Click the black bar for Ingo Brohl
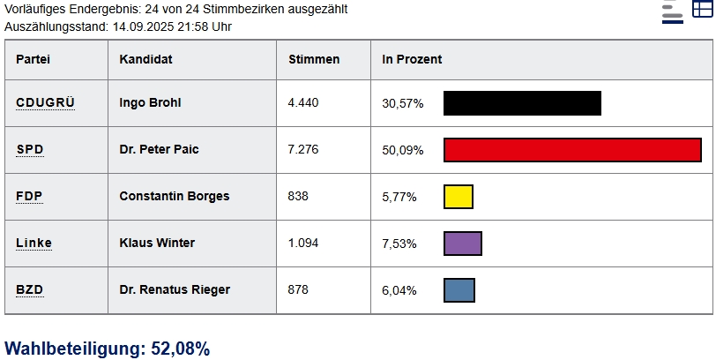click(522, 103)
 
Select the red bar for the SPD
click(572, 150)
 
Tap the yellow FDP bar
click(459, 197)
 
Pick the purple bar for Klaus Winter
click(462, 244)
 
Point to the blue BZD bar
click(459, 290)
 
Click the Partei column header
click(34, 59)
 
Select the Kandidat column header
click(145, 59)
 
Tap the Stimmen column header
click(314, 59)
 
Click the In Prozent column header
click(412, 59)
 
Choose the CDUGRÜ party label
click(45, 102)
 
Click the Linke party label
click(34, 243)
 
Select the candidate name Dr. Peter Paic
click(159, 149)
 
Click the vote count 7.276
click(303, 149)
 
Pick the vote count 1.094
click(303, 243)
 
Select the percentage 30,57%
click(402, 103)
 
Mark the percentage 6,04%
click(399, 290)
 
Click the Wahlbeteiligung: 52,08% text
click(108, 349)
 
